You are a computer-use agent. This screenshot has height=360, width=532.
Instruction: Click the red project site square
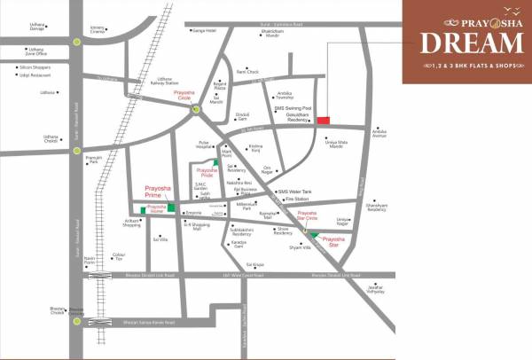coord(324,121)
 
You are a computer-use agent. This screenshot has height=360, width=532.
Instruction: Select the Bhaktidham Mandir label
coord(272,35)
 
